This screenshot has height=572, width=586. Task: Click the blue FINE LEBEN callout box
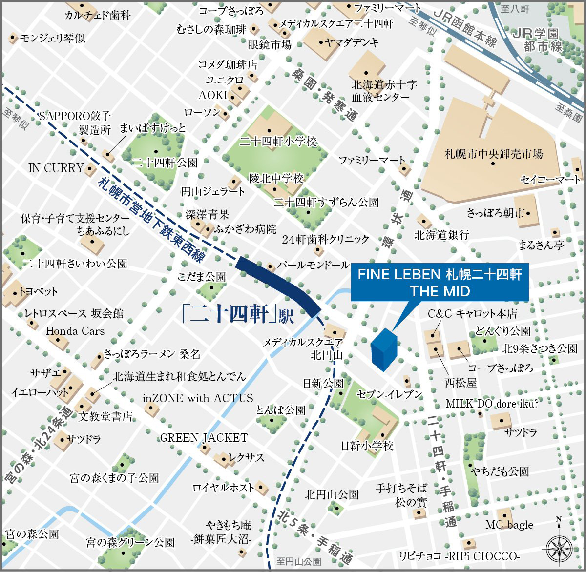(x=439, y=282)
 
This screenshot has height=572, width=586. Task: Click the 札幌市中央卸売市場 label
(x=494, y=154)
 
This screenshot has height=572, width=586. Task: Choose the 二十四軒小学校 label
(x=278, y=142)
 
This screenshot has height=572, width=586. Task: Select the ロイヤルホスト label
(x=223, y=487)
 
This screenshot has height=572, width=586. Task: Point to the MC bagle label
(x=509, y=525)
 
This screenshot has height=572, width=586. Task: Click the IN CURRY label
(x=56, y=168)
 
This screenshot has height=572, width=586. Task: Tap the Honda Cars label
(x=75, y=331)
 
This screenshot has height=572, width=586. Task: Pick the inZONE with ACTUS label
(x=198, y=398)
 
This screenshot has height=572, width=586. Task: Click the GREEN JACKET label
(x=204, y=438)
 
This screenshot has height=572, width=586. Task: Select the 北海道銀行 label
(x=441, y=235)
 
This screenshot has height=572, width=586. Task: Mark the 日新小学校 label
(x=367, y=446)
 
